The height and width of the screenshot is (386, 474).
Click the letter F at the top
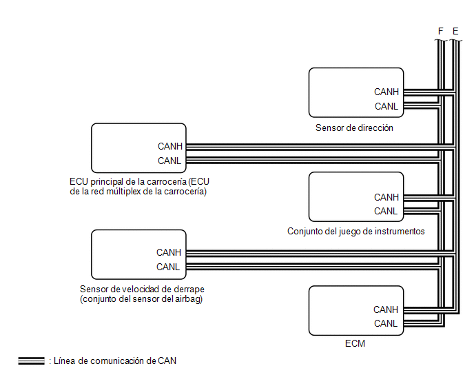pos(440,31)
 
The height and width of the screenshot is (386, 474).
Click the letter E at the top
pos(455,31)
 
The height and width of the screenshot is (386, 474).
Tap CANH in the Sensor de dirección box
pos(387,92)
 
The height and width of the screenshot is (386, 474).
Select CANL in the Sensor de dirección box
pos(387,106)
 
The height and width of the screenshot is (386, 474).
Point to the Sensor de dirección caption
pos(354,128)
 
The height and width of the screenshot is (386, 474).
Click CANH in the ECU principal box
pos(170,146)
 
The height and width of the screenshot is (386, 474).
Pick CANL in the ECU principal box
pos(169,161)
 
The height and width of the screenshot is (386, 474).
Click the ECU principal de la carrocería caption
pos(139,186)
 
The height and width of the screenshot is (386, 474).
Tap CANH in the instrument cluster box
pos(387,197)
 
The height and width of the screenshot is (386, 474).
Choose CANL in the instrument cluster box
pos(386,211)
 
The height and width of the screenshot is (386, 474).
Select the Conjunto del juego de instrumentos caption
pos(355,231)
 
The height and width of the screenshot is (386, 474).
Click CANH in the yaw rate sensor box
pos(169,252)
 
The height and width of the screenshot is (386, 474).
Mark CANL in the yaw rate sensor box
pos(168,267)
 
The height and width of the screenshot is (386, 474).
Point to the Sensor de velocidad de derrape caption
pos(142,294)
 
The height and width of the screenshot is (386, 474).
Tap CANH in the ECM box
pos(386,309)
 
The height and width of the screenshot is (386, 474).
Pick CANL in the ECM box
pos(386,323)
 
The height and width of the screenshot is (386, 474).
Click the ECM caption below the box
pos(355,343)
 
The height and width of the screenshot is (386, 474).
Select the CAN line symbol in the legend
pos(31,360)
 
